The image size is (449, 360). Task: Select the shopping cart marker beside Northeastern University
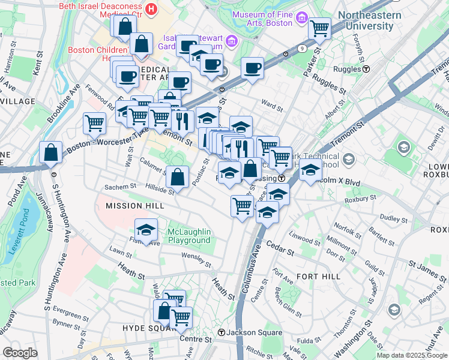click(319, 27)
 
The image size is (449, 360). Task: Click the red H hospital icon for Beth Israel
click(151, 9)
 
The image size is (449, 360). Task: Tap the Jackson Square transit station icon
click(221, 332)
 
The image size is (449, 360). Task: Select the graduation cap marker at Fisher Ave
click(145, 229)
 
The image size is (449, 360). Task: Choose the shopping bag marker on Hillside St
click(177, 176)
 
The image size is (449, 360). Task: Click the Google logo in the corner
click(20, 353)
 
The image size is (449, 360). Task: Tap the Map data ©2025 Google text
click(411, 355)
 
